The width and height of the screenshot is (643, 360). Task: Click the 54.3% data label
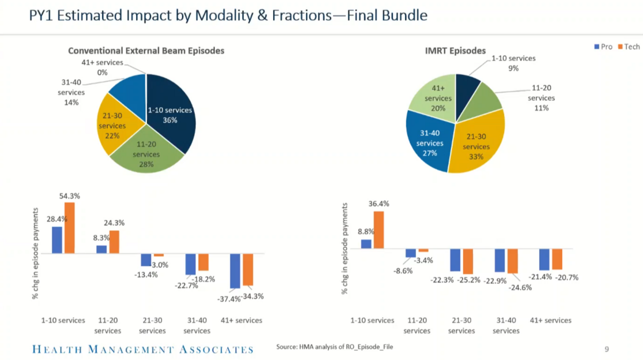[x=70, y=196]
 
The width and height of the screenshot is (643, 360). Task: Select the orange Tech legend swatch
[x=620, y=47]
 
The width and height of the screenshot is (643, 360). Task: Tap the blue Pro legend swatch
[x=597, y=47]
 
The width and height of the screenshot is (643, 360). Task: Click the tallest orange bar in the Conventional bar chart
[x=70, y=228]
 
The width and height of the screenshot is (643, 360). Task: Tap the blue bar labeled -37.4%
[x=235, y=271]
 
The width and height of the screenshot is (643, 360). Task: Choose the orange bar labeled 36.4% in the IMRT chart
[x=379, y=230]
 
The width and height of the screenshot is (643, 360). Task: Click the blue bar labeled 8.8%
[x=366, y=244]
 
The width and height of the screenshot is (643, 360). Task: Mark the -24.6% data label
[x=520, y=287]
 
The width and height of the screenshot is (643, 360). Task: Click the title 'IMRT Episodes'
[x=455, y=51]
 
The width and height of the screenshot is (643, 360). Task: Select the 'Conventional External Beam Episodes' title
[x=146, y=51]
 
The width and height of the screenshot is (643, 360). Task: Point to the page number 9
[x=607, y=349]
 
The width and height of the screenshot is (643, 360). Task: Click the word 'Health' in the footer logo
[x=57, y=349]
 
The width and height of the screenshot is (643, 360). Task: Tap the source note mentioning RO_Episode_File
[x=334, y=347]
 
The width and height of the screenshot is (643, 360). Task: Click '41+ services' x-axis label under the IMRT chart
[x=551, y=320]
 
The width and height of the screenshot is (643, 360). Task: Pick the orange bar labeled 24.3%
[x=114, y=242]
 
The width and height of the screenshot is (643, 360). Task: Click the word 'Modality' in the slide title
[x=225, y=15]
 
